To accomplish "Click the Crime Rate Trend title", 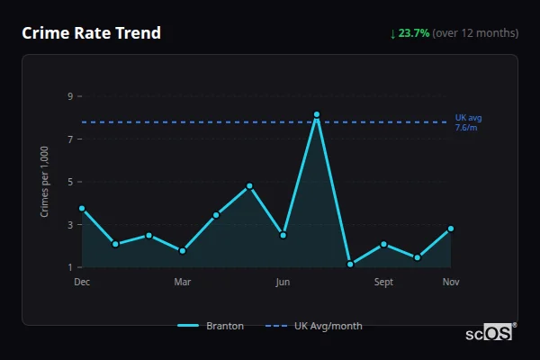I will click(x=92, y=33).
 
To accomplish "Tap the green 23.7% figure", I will click(x=414, y=33).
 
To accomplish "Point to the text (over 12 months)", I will click(x=475, y=33).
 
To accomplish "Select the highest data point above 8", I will click(x=317, y=115).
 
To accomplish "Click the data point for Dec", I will click(x=82, y=209).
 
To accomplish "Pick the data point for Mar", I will click(x=183, y=251).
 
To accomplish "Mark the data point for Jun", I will click(x=283, y=235).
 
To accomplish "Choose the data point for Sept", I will click(x=383, y=244).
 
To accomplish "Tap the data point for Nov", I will click(x=451, y=229).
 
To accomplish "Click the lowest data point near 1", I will click(x=350, y=265).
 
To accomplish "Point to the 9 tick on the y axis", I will click(x=69, y=96).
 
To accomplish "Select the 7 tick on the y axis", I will click(x=69, y=139).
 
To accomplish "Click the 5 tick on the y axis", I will click(x=69, y=182).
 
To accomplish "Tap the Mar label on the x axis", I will click(x=183, y=283).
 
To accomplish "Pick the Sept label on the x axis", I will click(x=383, y=283).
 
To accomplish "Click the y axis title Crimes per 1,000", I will click(x=45, y=182).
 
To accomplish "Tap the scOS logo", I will click(x=490, y=333).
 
